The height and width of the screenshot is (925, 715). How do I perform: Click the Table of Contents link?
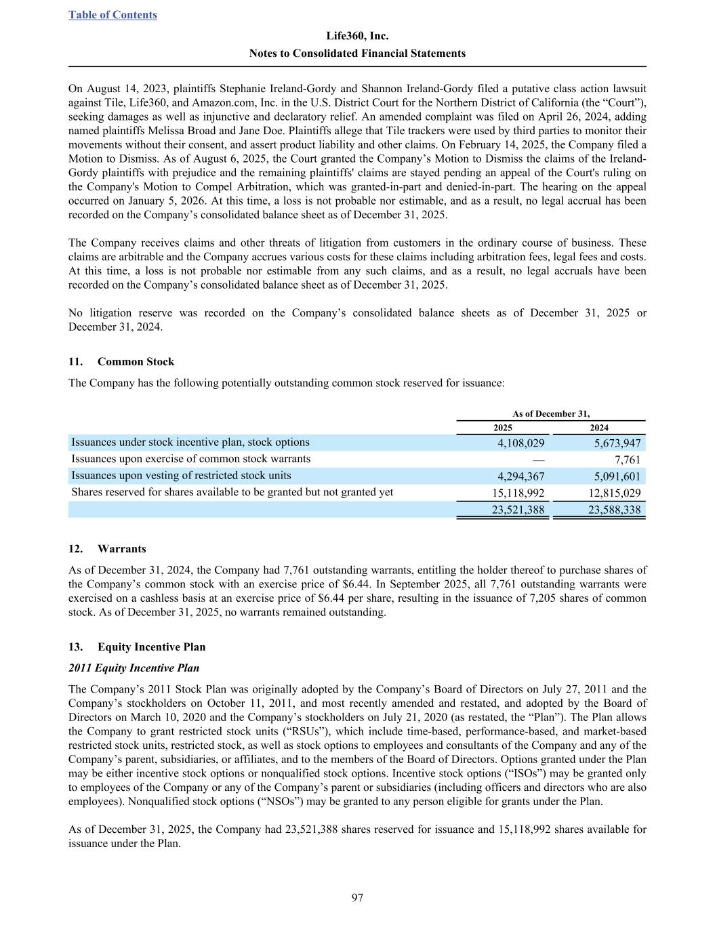coord(113,15)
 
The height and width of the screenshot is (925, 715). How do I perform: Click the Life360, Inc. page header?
coord(357,36)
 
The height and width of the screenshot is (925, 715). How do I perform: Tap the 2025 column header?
coord(502,428)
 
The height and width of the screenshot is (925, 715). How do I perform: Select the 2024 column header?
coord(599,428)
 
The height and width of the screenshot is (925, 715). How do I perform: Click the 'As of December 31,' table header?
coord(550,413)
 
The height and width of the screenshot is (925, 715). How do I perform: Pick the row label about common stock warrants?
coord(190,459)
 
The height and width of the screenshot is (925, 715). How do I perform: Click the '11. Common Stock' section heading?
coord(121,362)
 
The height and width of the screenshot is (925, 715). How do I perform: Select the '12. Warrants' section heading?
coord(107,549)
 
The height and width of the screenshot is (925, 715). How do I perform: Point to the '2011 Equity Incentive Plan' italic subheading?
coord(134,669)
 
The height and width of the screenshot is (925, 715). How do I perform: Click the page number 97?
coord(357,898)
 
